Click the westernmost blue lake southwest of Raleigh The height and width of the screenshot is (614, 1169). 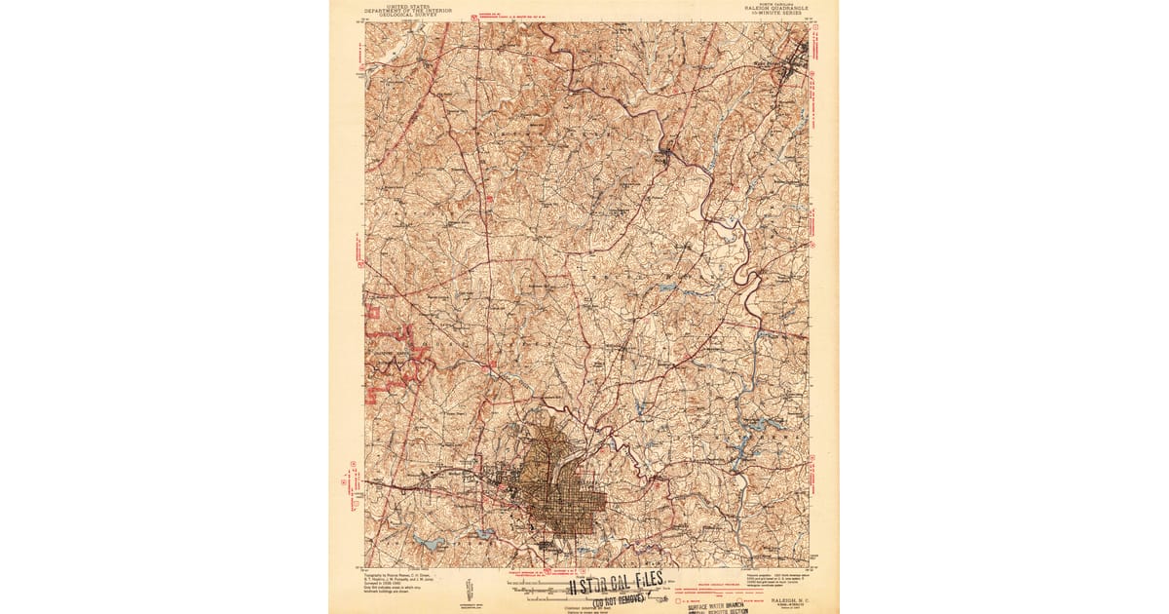427,541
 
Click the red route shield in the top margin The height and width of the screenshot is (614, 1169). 473,18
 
